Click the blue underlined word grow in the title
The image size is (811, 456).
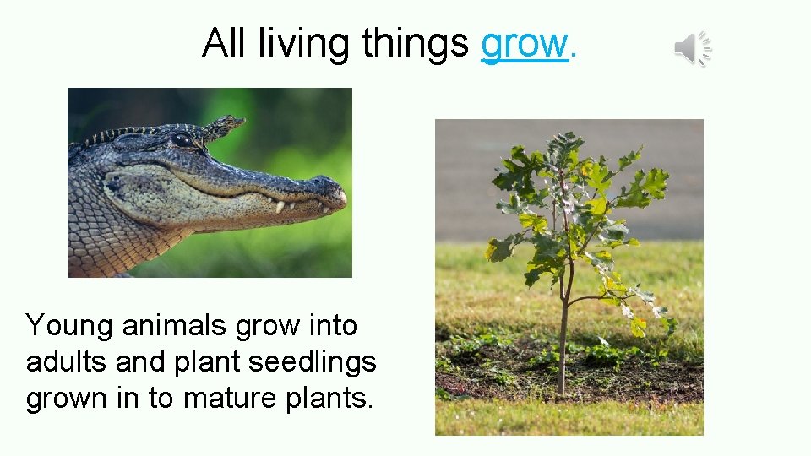tap(524, 44)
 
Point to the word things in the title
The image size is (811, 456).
tap(415, 44)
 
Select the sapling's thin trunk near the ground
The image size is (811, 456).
tap(562, 363)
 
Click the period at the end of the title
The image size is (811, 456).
tap(574, 57)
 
